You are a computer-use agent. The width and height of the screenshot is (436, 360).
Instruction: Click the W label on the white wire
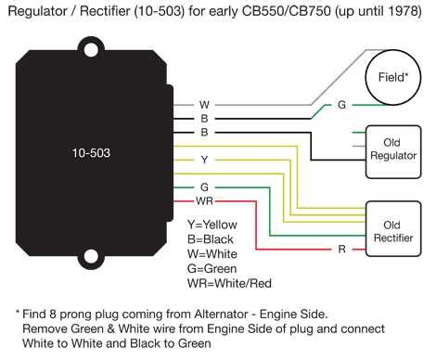click(204, 105)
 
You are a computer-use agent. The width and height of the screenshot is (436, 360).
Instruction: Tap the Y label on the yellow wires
click(204, 160)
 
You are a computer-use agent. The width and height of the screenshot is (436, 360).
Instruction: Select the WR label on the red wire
click(205, 200)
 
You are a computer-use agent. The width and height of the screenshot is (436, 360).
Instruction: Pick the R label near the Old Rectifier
click(342, 250)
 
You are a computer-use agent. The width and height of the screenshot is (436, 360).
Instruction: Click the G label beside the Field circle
click(341, 105)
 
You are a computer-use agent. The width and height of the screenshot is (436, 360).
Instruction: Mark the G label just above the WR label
click(204, 187)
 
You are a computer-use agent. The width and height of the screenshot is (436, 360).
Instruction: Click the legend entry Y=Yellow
click(212, 225)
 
